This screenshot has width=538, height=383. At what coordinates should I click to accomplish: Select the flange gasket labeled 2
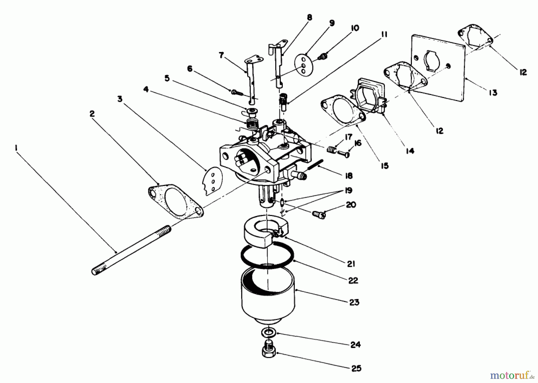(x=176, y=202)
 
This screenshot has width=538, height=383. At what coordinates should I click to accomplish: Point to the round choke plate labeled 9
(x=303, y=64)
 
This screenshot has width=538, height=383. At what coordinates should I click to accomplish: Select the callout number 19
(x=348, y=190)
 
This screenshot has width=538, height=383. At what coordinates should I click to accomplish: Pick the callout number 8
(x=309, y=18)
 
